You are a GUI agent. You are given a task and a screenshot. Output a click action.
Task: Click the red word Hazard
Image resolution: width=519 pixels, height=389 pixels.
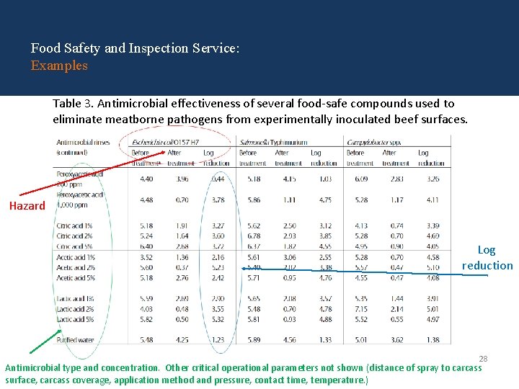pyautogui.click(x=27, y=206)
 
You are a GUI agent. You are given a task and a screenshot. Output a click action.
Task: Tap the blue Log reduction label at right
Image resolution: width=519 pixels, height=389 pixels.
pyautogui.click(x=487, y=258)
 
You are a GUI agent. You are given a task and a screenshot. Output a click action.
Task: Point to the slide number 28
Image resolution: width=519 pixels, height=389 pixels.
pyautogui.click(x=484, y=358)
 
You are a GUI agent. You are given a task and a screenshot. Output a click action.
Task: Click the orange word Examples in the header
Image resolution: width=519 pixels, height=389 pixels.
pyautogui.click(x=59, y=66)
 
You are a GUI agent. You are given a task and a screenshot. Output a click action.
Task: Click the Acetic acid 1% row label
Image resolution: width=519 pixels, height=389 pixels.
pyautogui.click(x=76, y=257)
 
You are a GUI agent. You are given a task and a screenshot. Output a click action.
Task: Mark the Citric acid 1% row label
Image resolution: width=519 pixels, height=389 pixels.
pyautogui.click(x=75, y=226)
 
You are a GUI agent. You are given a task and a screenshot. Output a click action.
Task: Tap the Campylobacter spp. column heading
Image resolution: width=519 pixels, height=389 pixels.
pyautogui.click(x=373, y=143)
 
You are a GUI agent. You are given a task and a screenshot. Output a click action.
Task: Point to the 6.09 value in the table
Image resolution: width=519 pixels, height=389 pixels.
pyautogui.click(x=360, y=179)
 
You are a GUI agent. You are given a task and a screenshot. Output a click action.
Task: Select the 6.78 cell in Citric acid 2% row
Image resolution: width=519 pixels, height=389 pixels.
pyautogui.click(x=253, y=236)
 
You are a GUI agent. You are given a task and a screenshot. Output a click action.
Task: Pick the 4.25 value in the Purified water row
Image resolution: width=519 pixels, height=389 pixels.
pyautogui.click(x=182, y=340)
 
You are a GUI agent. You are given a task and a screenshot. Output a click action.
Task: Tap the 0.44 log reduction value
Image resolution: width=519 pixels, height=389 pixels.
pyautogui.click(x=217, y=179)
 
